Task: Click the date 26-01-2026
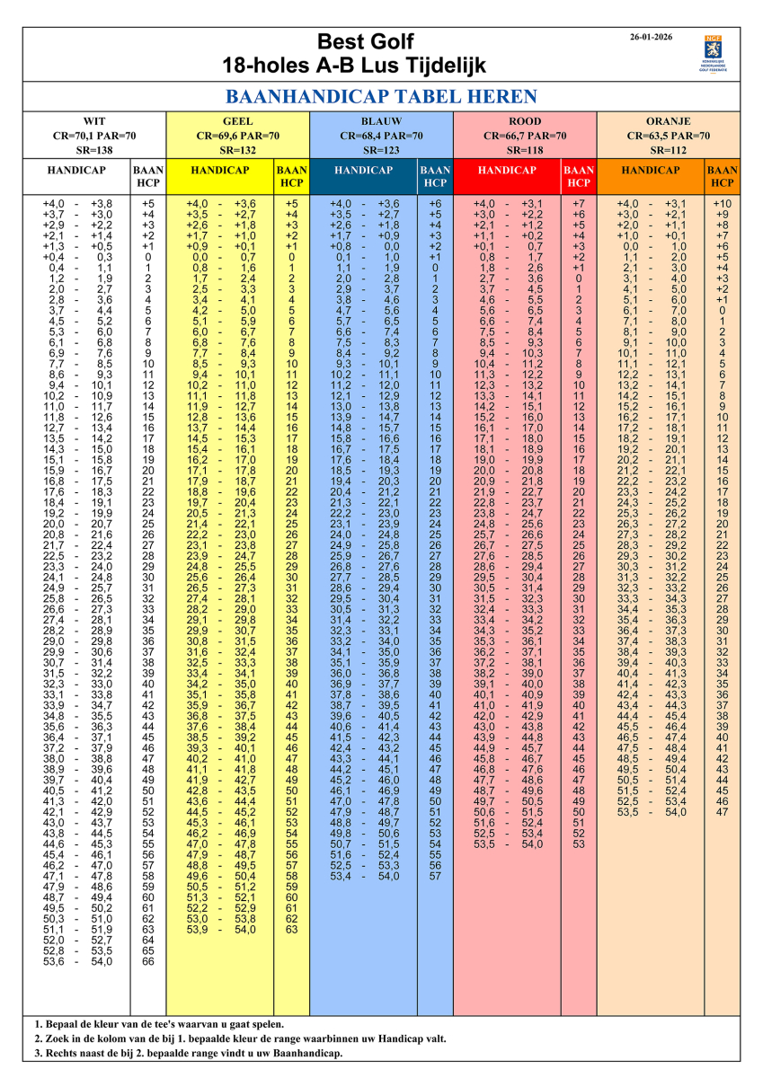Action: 653,37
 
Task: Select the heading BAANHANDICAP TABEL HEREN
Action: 381,97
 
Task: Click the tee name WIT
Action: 93,121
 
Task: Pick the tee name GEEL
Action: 237,121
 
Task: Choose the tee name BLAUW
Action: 381,121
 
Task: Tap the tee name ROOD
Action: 525,121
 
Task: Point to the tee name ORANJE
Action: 669,121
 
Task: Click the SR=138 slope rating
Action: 93,150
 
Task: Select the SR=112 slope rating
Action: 669,150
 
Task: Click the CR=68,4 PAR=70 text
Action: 381,136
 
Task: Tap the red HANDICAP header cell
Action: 507,170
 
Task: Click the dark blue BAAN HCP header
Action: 435,176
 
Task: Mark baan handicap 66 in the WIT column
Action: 148,962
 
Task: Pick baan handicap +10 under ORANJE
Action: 723,204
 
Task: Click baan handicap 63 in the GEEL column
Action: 291,930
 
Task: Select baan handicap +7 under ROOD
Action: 579,204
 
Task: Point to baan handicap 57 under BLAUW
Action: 435,876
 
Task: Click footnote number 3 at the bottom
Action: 38,1053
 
